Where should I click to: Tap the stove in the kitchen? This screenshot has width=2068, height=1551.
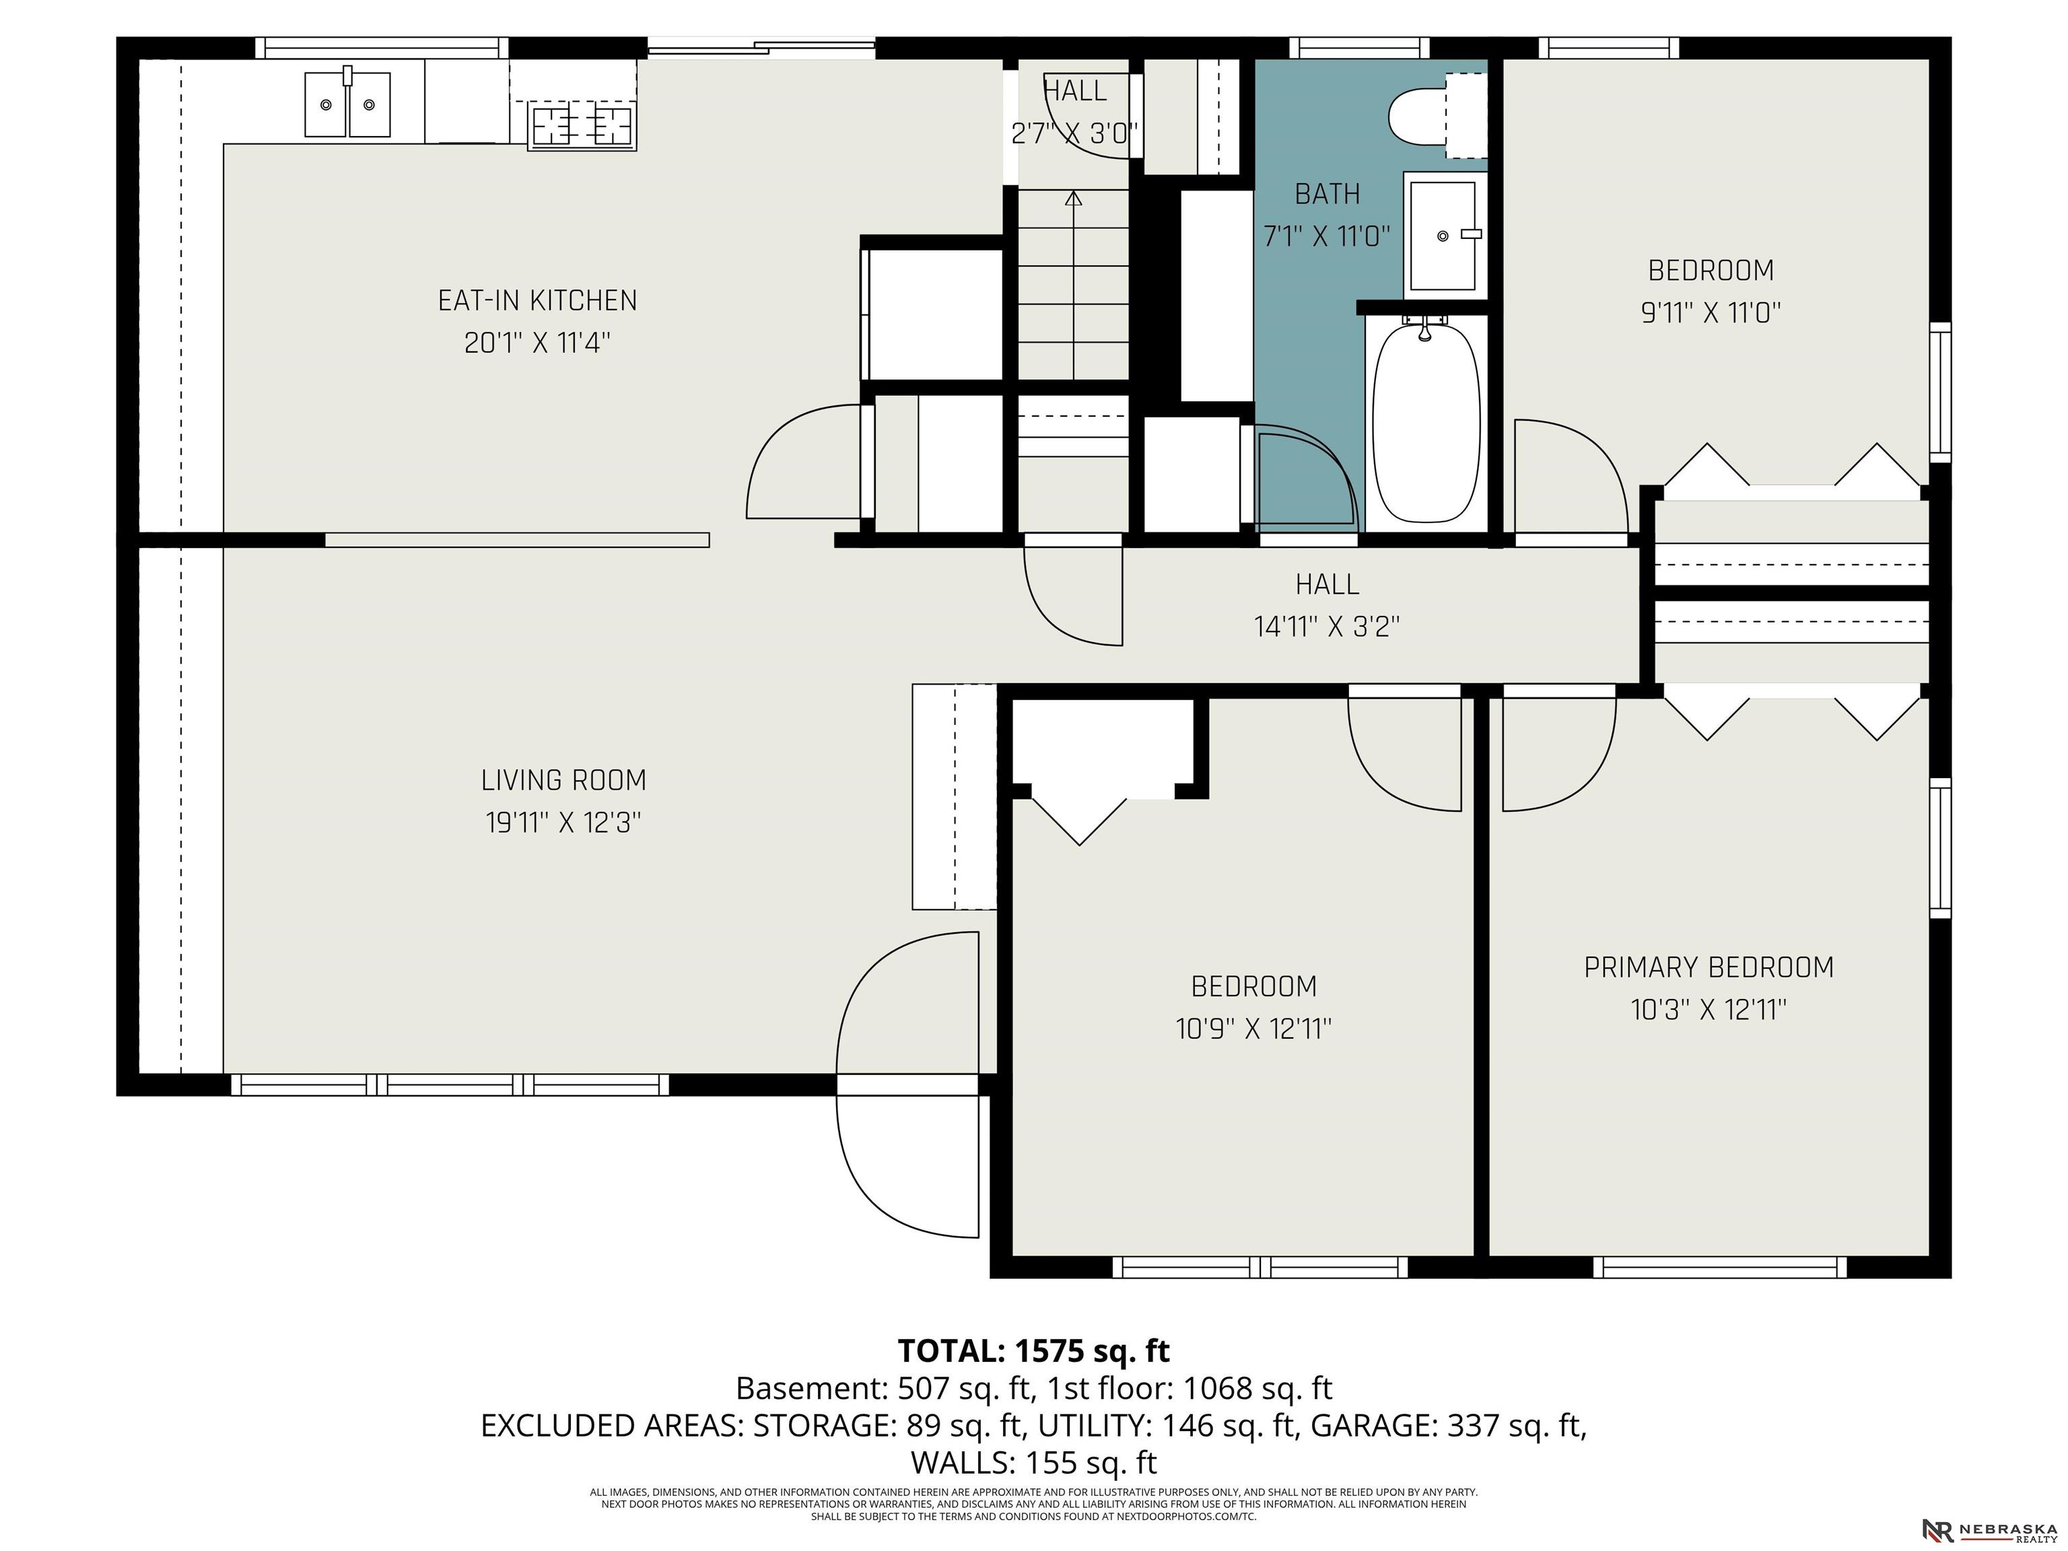click(582, 126)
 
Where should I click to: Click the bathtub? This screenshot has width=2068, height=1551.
click(1426, 421)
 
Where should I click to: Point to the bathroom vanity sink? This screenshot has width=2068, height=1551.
click(1443, 236)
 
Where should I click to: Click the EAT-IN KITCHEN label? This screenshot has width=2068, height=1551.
click(538, 300)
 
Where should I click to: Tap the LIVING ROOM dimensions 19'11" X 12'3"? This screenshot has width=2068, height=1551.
click(563, 823)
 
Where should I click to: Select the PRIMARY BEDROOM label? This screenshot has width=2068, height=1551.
click(1708, 967)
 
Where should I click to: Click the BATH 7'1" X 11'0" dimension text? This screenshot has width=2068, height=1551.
click(1327, 236)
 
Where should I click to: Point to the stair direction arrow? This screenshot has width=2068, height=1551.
click(1073, 198)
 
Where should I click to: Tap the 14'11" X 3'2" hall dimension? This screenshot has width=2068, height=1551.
click(1327, 625)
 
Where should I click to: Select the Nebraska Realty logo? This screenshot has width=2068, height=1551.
click(1987, 1530)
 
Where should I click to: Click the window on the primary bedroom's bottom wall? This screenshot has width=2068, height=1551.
click(1719, 1267)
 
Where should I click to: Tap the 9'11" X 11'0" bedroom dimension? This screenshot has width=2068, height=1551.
click(1710, 312)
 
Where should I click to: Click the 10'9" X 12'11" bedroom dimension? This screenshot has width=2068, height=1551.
click(1253, 1029)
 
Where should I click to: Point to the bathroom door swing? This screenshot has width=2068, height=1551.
click(1304, 477)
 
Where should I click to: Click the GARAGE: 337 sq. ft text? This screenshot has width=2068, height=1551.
click(1447, 1425)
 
